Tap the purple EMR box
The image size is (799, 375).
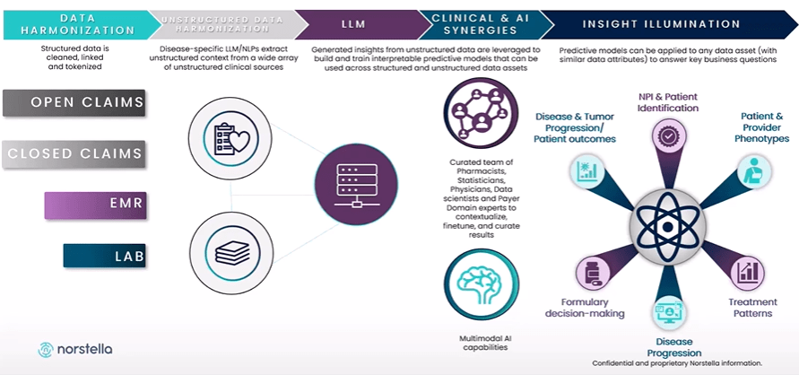click(x=95, y=205)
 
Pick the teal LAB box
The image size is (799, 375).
click(x=105, y=257)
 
